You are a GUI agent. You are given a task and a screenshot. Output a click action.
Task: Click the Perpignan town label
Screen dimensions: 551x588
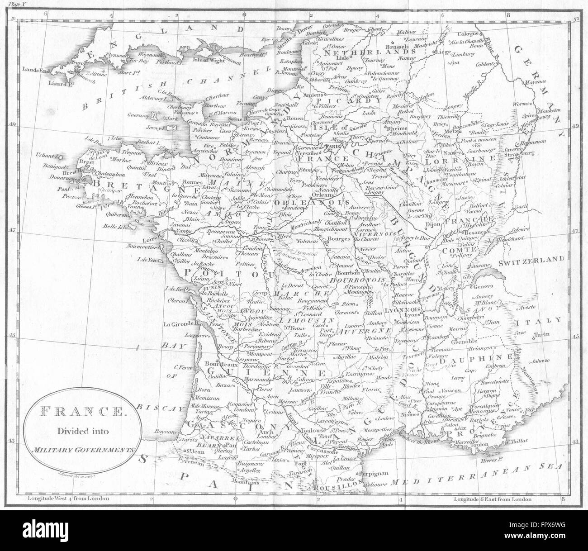(x=375, y=473)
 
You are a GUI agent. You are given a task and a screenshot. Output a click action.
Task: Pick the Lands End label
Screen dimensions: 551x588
(x=35, y=70)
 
